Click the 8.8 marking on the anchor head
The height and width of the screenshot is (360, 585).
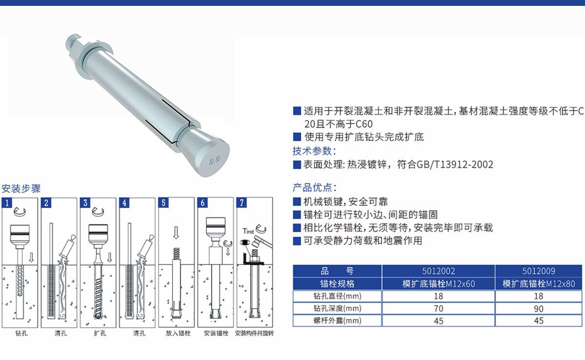pyautogui.click(x=214, y=160)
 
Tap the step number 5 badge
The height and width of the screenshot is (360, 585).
pyautogui.click(x=163, y=203)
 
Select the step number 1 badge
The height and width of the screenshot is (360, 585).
pyautogui.click(x=7, y=203)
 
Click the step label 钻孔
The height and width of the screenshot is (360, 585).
pyautogui.click(x=21, y=333)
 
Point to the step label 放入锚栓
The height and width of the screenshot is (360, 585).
pyautogui.click(x=178, y=333)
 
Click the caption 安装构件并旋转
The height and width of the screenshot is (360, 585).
pyautogui.click(x=254, y=333)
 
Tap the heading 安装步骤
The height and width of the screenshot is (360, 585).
pyautogui.click(x=21, y=189)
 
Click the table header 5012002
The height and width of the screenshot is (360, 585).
pyautogui.click(x=438, y=271)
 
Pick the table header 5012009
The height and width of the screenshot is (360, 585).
pyautogui.click(x=539, y=271)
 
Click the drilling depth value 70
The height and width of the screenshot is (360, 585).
pyautogui.click(x=438, y=308)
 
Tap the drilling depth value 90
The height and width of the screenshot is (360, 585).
pyautogui.click(x=539, y=308)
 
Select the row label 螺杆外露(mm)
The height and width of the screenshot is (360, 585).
pyautogui.click(x=337, y=320)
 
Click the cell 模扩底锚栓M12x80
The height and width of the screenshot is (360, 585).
pyautogui.click(x=539, y=284)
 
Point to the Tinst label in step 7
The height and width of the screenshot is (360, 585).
pyautogui.click(x=248, y=231)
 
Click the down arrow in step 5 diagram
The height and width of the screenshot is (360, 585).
pyautogui.click(x=176, y=233)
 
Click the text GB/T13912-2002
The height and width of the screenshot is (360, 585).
pyautogui.click(x=455, y=164)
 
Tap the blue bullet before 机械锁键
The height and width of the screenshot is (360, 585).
pyautogui.click(x=297, y=201)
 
